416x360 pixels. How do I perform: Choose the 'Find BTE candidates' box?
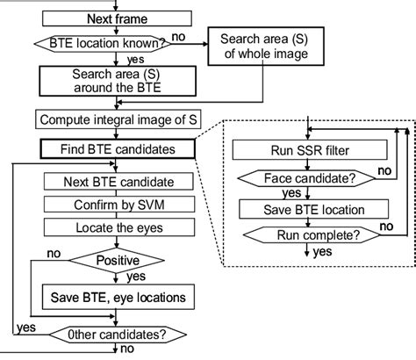pyautogui.click(x=117, y=149)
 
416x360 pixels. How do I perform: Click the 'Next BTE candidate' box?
pyautogui.click(x=117, y=182)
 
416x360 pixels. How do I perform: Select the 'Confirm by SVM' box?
pyautogui.click(x=117, y=205)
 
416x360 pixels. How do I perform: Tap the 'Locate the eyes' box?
pyautogui.click(x=117, y=227)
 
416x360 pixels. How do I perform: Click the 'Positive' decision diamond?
pyautogui.click(x=117, y=261)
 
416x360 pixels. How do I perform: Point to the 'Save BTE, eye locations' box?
pyautogui.click(x=117, y=298)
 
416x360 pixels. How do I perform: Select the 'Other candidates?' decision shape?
pyautogui.click(x=117, y=333)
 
